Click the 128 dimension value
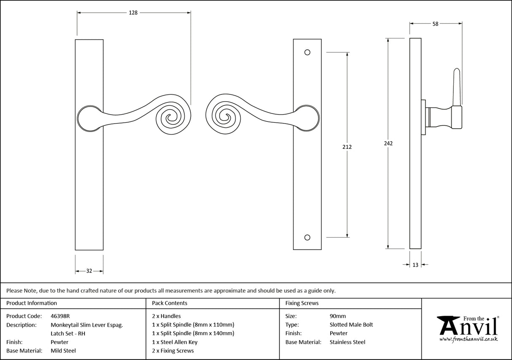pyautogui.click(x=133, y=13)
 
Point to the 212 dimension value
pyautogui.click(x=347, y=147)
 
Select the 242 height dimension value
pyautogui.click(x=388, y=143)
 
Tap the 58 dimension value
pyautogui.click(x=435, y=24)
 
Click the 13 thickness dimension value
pyautogui.click(x=415, y=265)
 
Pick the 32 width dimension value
pyautogui.click(x=89, y=271)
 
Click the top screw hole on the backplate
pyautogui.click(x=307, y=53)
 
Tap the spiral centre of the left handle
pyautogui.click(x=170, y=118)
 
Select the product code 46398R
pyautogui.click(x=60, y=316)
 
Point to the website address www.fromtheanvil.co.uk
pyautogui.click(x=469, y=339)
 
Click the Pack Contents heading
pyautogui.click(x=170, y=303)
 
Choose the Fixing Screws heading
pyautogui.click(x=302, y=303)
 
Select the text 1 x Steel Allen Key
pyautogui.click(x=175, y=342)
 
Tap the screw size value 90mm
pyautogui.click(x=337, y=316)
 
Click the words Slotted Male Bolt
pyautogui.click(x=351, y=325)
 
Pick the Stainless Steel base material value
pyautogui.click(x=348, y=342)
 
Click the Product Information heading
pyautogui.click(x=32, y=303)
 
